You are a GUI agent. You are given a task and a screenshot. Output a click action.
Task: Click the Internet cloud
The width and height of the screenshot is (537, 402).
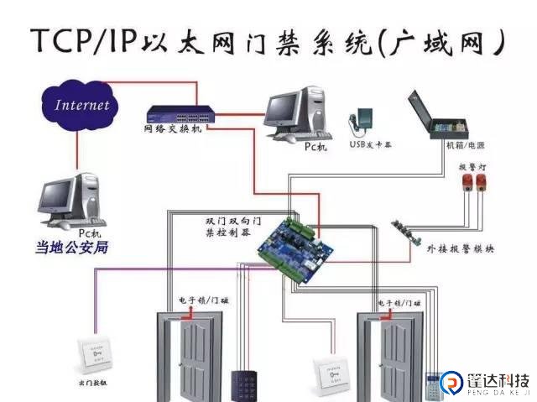[x=81, y=106]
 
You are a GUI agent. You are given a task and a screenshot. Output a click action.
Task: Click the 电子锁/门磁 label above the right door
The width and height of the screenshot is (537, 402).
[x=397, y=302]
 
